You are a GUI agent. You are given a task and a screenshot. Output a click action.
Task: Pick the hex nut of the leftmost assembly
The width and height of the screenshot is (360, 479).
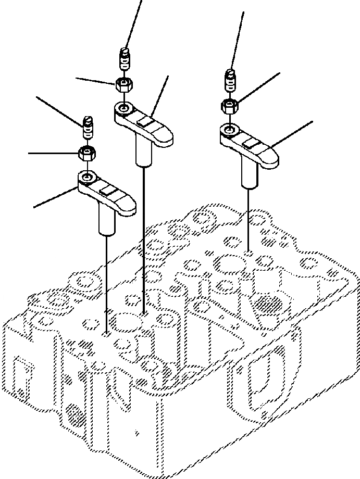click(86, 153)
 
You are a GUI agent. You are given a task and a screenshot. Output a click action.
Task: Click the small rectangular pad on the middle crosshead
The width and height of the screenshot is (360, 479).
click(145, 121)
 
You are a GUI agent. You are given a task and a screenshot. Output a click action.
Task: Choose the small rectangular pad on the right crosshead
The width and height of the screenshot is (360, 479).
click(251, 143)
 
